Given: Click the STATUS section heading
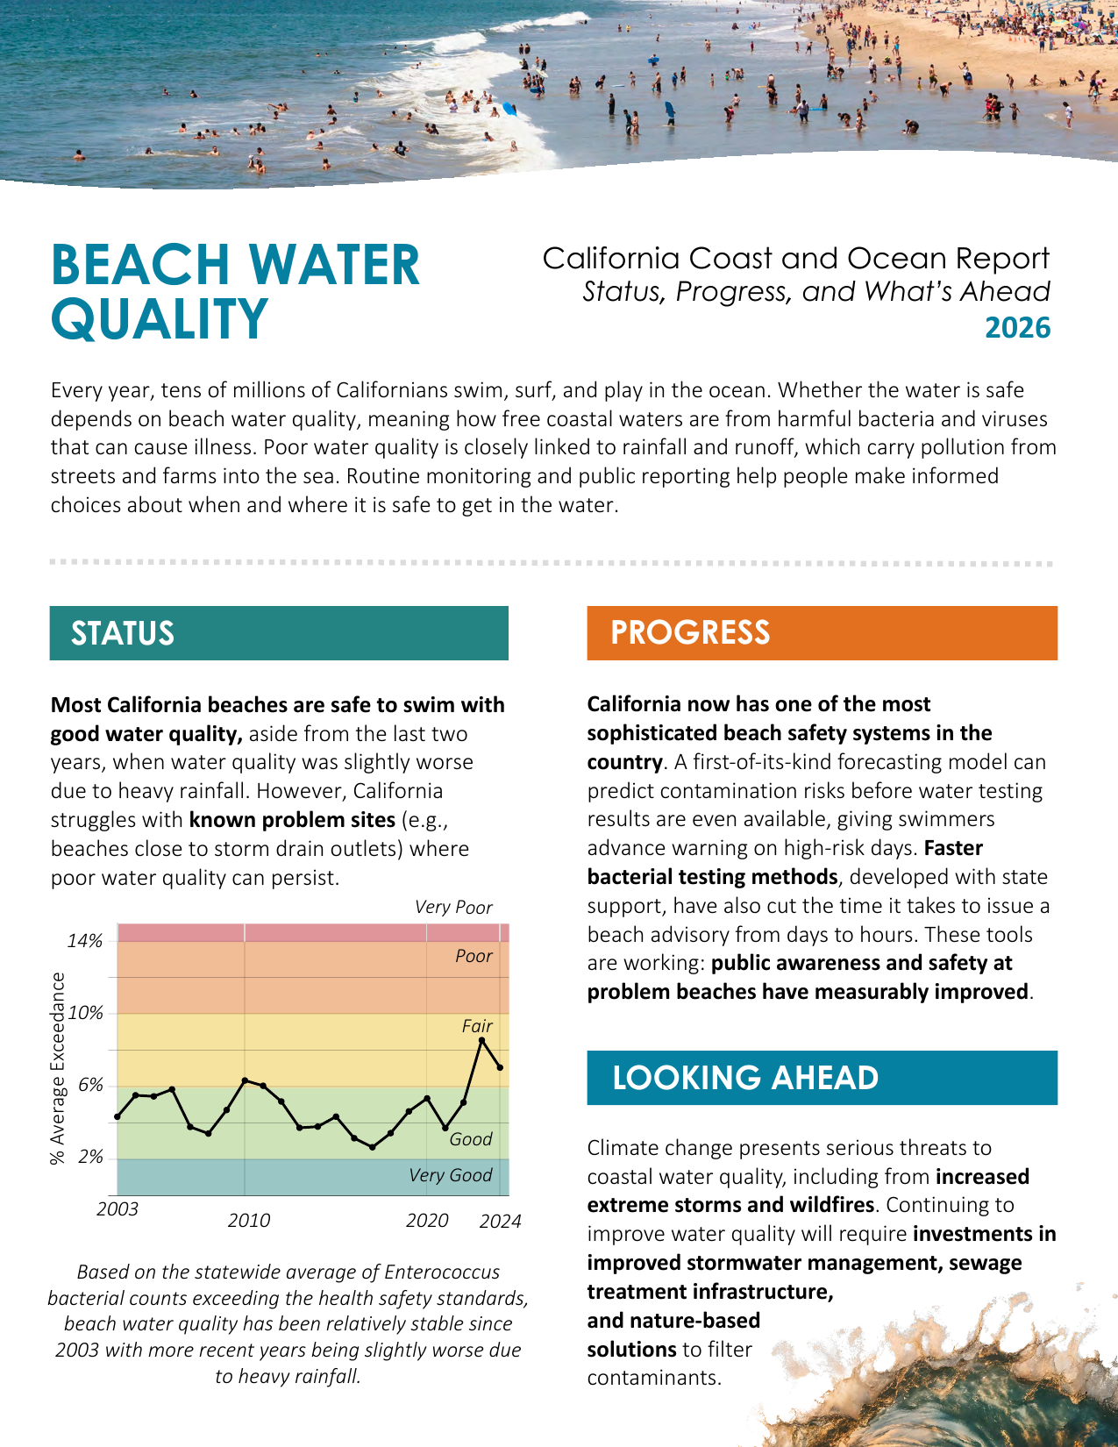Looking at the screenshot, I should [x=123, y=633].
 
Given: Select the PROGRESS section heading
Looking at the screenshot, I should [x=690, y=632].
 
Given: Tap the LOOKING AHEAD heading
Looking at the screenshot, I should [x=744, y=1078].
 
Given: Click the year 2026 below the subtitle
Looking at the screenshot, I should [x=1017, y=327].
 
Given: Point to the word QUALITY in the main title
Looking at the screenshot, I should [x=159, y=318].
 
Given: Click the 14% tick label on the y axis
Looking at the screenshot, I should [x=85, y=941].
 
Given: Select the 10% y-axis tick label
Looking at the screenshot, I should [x=85, y=1013].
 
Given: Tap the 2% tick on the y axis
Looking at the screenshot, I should [x=90, y=1158].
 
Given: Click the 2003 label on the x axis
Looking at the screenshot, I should [x=117, y=1209].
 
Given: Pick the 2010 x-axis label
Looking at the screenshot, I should [x=249, y=1220].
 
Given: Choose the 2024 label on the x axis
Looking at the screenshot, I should [x=500, y=1222].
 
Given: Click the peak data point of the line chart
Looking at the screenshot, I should [x=481, y=1040].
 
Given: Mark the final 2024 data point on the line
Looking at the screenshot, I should [x=500, y=1067].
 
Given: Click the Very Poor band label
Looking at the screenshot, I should [x=453, y=908].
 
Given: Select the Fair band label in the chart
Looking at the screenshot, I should [x=477, y=1026].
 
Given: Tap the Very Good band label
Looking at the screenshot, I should [x=451, y=1175].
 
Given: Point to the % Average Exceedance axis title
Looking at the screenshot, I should [x=58, y=1068].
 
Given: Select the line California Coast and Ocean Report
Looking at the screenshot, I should [x=795, y=259].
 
